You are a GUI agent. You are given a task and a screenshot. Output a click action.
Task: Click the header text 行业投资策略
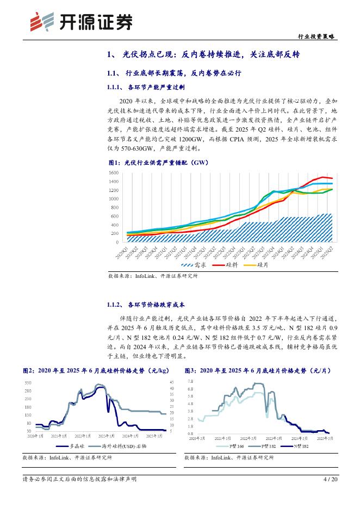click(318, 36)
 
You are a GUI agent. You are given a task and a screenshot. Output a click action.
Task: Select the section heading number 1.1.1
click(113, 87)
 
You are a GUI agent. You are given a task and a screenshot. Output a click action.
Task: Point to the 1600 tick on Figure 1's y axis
click(114, 173)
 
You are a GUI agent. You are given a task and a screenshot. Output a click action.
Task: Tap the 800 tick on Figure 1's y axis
click(115, 208)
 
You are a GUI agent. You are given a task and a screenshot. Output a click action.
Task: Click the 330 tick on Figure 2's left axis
click(27, 383)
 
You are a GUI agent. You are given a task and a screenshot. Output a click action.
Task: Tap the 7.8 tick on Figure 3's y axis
click(190, 382)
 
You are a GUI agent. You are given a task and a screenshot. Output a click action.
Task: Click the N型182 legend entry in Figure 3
click(299, 446)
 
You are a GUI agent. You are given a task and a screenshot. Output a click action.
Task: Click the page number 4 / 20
click(330, 479)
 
